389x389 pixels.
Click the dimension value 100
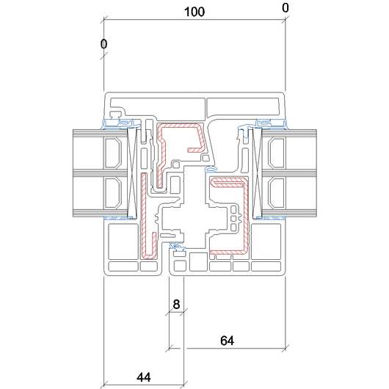click(x=194, y=12)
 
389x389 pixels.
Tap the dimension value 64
click(x=227, y=341)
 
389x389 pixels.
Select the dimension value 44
click(x=144, y=377)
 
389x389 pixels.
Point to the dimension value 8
click(x=176, y=304)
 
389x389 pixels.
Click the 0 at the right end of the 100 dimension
click(x=286, y=8)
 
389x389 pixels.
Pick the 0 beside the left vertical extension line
click(x=103, y=44)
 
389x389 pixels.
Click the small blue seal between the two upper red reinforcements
click(x=211, y=169)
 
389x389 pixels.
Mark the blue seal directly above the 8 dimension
click(x=177, y=246)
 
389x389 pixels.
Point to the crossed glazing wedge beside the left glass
click(x=132, y=173)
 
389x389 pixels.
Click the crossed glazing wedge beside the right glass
click(x=258, y=173)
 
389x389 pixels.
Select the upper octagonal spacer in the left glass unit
click(x=113, y=153)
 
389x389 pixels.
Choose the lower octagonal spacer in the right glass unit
click(x=277, y=193)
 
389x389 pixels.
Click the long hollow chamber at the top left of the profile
click(x=158, y=106)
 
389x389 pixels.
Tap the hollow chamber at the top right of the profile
click(x=243, y=106)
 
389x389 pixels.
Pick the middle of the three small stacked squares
click(x=233, y=218)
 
